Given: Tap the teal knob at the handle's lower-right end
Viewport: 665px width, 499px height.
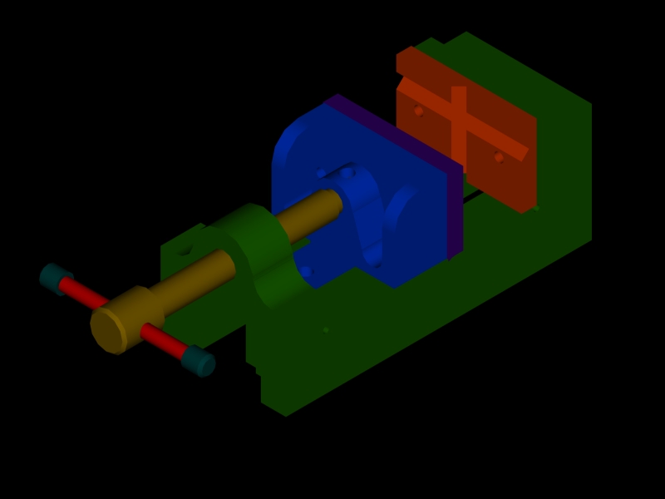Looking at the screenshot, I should pyautogui.click(x=199, y=360).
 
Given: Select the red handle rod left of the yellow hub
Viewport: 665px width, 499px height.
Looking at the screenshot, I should pyautogui.click(x=83, y=293).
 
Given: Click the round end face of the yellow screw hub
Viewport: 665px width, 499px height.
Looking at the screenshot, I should pyautogui.click(x=108, y=329).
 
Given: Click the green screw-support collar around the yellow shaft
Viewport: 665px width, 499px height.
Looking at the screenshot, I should pyautogui.click(x=258, y=249).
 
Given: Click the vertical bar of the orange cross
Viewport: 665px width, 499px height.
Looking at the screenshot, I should pyautogui.click(x=458, y=125).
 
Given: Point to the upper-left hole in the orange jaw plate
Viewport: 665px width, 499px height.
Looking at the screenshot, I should pyautogui.click(x=419, y=111).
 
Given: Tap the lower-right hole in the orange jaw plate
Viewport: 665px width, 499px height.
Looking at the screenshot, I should pyautogui.click(x=499, y=157).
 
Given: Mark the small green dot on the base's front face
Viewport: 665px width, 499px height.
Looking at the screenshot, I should pyautogui.click(x=326, y=330).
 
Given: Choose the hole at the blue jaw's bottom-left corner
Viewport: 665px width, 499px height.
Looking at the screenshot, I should pyautogui.click(x=307, y=271).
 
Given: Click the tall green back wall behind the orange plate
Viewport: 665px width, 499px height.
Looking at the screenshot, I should pyautogui.click(x=565, y=166).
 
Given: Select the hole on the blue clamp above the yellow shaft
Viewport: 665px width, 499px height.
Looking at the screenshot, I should pyautogui.click(x=347, y=173).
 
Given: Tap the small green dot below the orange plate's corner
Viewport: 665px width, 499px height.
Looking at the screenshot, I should pyautogui.click(x=536, y=208).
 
